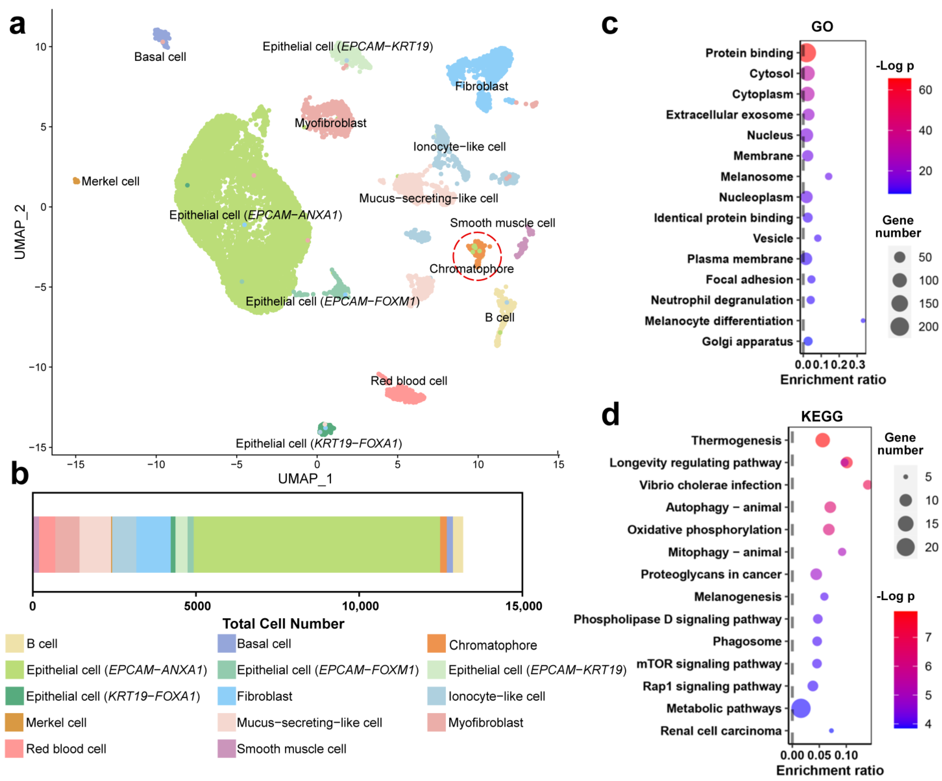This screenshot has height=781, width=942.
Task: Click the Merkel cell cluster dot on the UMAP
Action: coord(76,181)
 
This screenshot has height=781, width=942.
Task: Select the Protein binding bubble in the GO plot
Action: coord(807,53)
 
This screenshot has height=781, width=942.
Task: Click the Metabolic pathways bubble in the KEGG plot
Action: coord(801,708)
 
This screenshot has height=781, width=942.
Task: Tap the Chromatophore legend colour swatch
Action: coord(436,644)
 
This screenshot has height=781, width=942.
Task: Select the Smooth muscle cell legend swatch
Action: coord(227,749)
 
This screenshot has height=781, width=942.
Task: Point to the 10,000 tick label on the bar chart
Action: coord(360,606)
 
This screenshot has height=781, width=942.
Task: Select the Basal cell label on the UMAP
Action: coord(160,57)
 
